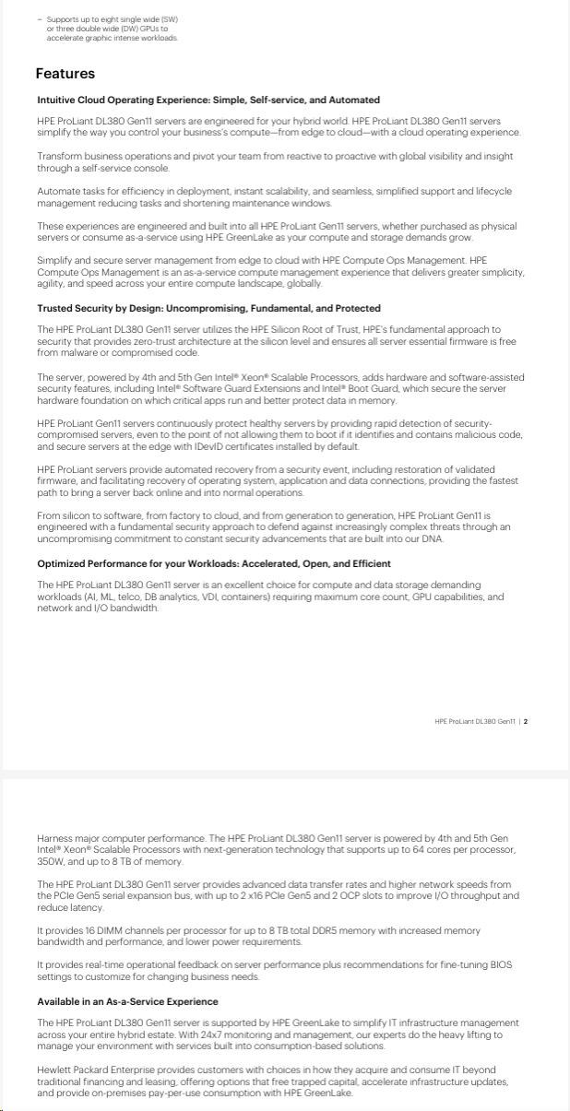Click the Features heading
pos(65,74)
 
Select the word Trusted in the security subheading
pos(55,308)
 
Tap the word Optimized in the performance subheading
pos(62,563)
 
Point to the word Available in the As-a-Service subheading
pos(59,1001)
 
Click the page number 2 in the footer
pos(526,722)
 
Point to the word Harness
pos(55,838)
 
